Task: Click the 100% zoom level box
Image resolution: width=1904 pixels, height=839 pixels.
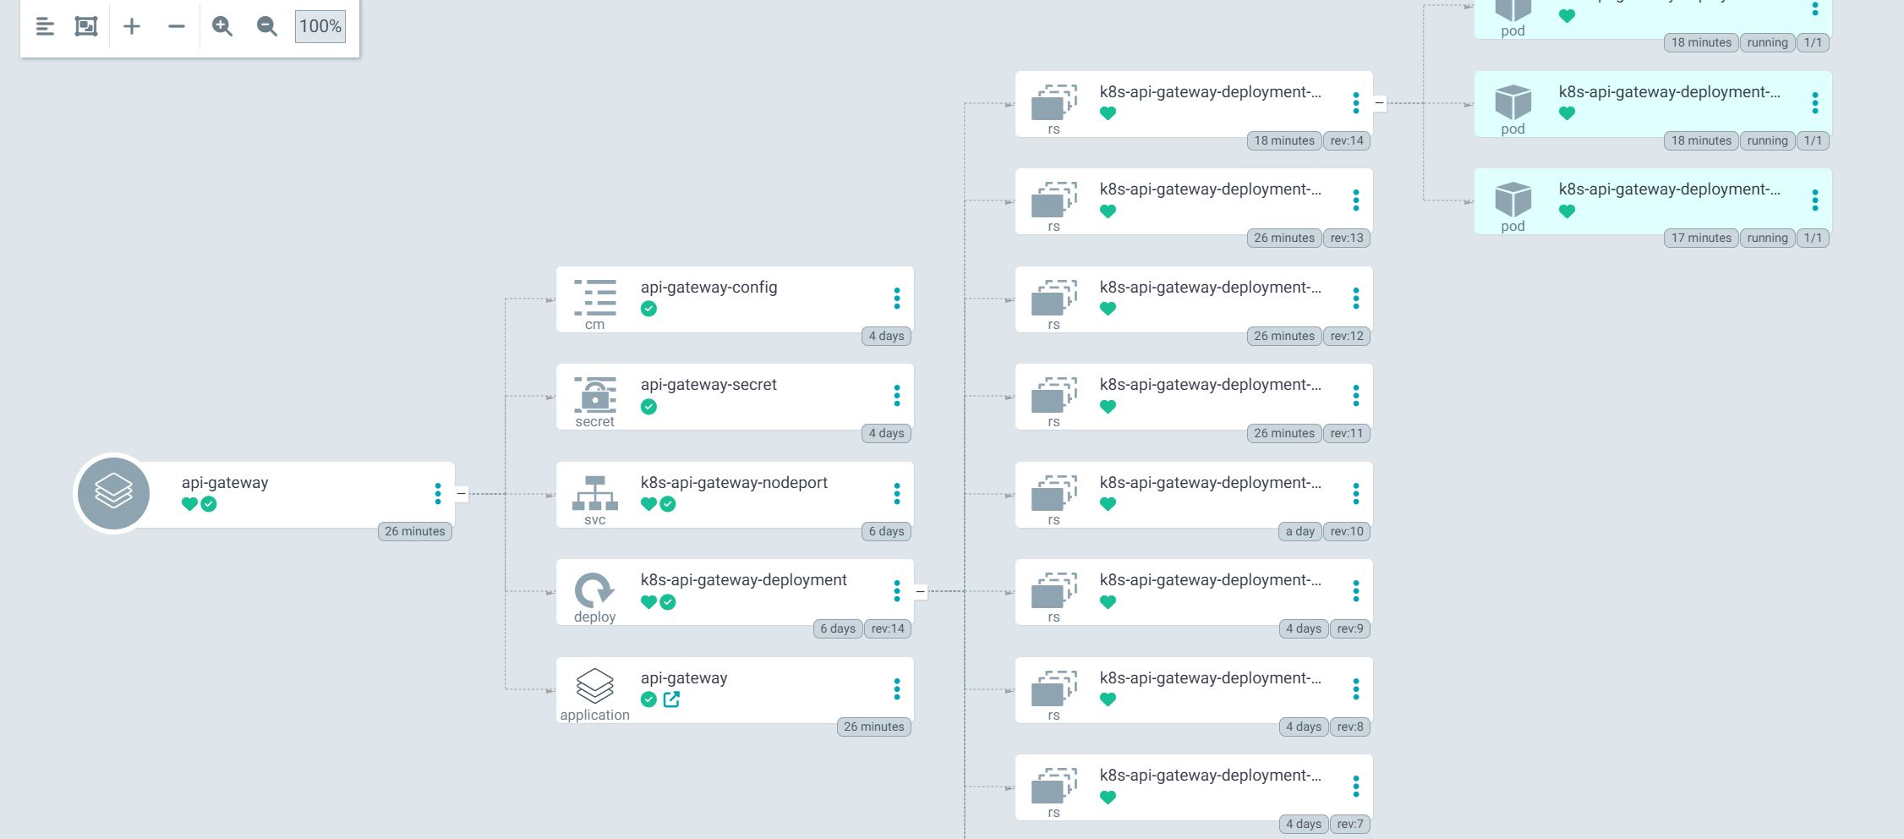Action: [320, 26]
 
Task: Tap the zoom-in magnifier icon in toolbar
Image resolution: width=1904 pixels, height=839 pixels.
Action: [222, 26]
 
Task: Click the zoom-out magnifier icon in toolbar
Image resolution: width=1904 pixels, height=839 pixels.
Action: [266, 26]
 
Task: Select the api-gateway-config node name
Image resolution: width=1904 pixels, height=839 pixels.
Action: [709, 288]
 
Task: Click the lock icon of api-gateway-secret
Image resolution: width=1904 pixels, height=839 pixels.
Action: [595, 395]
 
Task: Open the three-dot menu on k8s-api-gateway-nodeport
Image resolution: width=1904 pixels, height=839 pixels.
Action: [897, 494]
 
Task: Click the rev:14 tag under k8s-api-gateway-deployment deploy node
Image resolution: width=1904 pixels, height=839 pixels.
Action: [888, 628]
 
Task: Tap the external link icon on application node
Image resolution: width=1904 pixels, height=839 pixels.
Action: [671, 699]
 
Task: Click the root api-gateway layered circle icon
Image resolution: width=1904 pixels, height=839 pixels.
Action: [113, 493]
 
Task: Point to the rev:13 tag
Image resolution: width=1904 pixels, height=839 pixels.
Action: [1347, 238]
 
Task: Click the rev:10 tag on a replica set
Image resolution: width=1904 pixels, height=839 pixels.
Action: [1347, 531]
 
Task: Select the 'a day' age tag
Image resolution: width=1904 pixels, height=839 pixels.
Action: [1299, 531]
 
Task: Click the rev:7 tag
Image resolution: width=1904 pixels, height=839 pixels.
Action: [1350, 824]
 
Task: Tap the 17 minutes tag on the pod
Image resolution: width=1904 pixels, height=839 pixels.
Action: [1701, 238]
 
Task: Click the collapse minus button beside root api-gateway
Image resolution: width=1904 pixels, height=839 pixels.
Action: [461, 494]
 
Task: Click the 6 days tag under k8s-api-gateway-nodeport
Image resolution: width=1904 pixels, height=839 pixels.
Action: [886, 531]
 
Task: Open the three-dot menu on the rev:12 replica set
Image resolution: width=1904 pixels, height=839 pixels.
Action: [1356, 299]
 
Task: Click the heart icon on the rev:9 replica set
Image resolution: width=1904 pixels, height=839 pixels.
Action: [1108, 602]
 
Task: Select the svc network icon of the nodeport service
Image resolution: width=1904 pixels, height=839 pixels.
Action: [595, 493]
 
